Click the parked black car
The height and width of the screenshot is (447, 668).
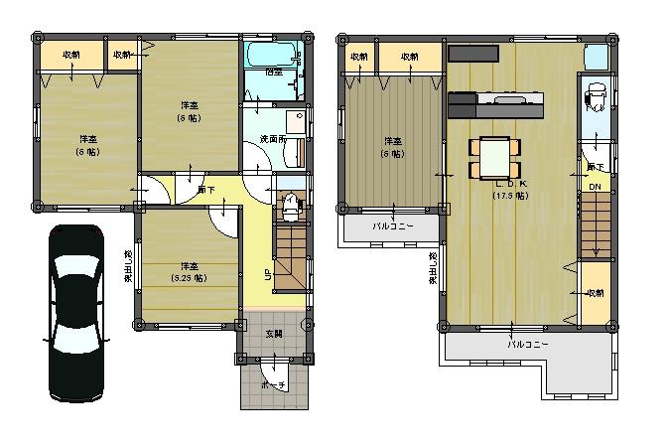75,313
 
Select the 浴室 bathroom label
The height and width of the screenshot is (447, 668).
273,72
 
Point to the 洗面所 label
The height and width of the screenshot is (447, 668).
273,138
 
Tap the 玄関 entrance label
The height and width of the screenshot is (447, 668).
274,334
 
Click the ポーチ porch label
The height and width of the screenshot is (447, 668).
274,383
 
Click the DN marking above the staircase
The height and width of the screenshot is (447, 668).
595,187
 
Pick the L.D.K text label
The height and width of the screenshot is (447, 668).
510,184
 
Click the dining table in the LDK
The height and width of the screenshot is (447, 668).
493,154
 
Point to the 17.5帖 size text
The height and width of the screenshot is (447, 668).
510,196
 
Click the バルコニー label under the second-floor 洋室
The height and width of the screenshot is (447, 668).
392,225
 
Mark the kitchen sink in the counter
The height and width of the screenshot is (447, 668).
512,99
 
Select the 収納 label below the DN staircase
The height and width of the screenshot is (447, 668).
595,293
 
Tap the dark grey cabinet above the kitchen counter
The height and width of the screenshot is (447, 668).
474,53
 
